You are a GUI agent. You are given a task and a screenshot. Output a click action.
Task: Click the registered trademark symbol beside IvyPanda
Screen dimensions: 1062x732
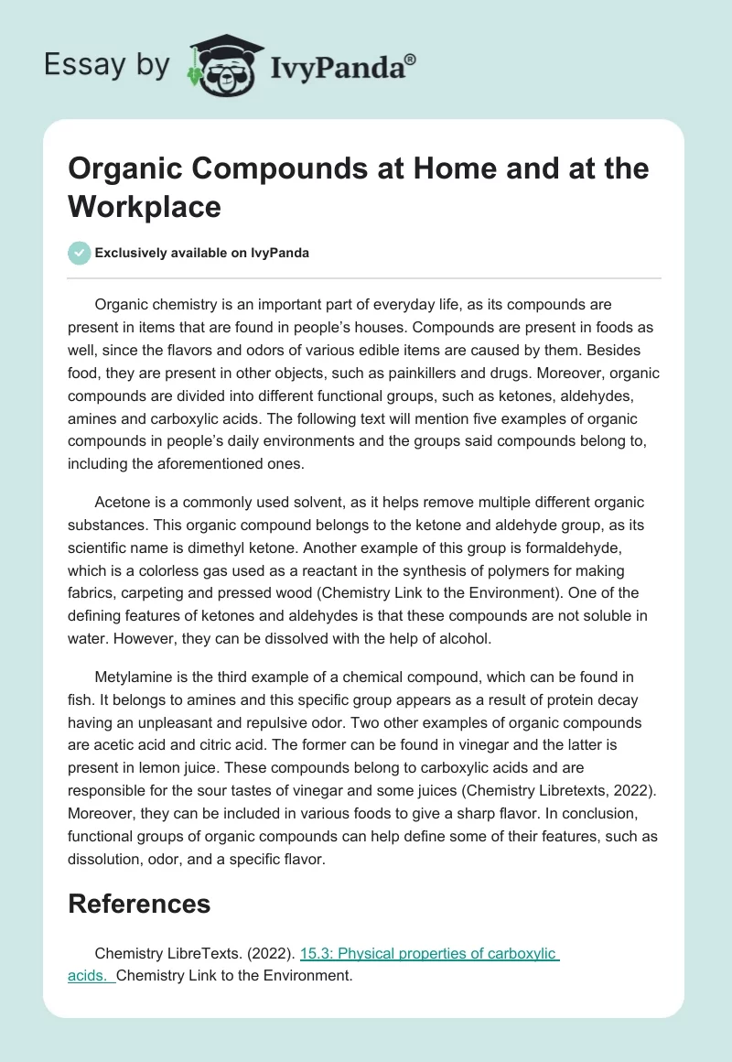[410, 59]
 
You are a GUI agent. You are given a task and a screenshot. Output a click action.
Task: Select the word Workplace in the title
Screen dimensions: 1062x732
[145, 206]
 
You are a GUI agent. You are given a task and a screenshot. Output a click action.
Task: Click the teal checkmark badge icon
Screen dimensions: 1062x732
[80, 252]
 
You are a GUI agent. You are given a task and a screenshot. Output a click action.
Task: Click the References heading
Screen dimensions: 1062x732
[139, 905]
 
